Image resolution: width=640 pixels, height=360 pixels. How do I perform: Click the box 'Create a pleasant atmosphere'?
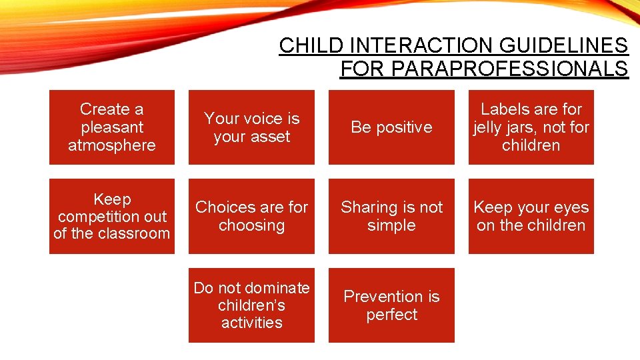click(x=111, y=127)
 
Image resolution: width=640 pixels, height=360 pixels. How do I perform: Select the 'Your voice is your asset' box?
click(x=251, y=127)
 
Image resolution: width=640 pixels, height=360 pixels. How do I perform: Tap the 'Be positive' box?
click(x=391, y=127)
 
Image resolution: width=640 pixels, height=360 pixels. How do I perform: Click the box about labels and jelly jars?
click(x=531, y=127)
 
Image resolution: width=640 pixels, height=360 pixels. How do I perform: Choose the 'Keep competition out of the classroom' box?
click(x=111, y=216)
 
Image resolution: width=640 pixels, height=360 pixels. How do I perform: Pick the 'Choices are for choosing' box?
click(x=251, y=216)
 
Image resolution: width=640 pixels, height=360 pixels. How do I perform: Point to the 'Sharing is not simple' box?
click(x=391, y=216)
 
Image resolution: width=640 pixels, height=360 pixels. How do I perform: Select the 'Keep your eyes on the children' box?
click(x=531, y=216)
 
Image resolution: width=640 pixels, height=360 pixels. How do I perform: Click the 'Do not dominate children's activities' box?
click(x=251, y=305)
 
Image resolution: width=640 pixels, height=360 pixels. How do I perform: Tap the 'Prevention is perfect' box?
click(x=391, y=305)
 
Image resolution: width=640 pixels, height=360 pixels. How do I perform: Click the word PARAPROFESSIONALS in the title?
click(x=483, y=69)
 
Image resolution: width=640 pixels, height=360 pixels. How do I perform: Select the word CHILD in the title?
click(x=312, y=45)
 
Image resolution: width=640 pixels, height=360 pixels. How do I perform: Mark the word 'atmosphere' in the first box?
click(x=111, y=145)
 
